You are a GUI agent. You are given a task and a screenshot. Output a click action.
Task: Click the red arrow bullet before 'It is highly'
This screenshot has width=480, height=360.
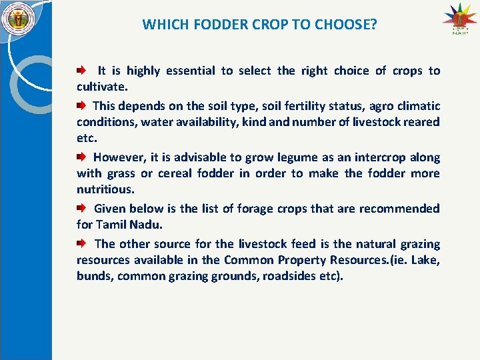(x=81, y=70)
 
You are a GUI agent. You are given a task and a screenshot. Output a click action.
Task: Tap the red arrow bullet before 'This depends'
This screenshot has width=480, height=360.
(x=81, y=105)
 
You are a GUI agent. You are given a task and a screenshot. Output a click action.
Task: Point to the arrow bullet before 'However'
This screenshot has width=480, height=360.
(x=81, y=157)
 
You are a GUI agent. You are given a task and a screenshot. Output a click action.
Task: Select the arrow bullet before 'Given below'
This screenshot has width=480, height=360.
(x=81, y=209)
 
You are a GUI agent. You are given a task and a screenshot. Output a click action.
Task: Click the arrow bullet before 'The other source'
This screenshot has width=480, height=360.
(x=81, y=244)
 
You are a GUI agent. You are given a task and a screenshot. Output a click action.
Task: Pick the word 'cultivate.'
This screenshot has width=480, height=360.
(x=102, y=87)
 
